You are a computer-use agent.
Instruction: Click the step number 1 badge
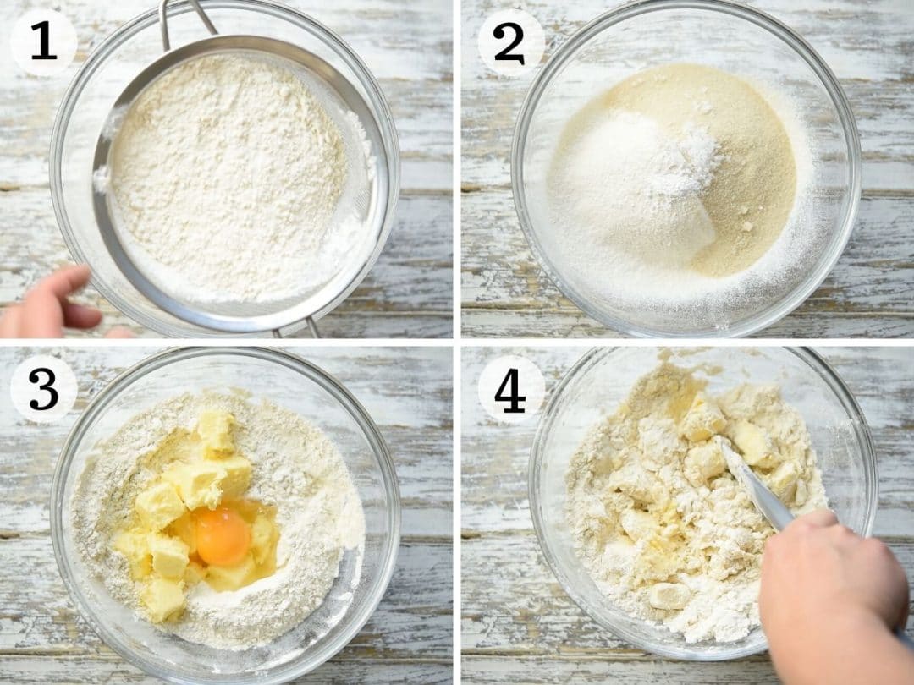44,42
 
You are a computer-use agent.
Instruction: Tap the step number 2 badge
511,42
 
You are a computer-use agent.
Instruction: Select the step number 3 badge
44,389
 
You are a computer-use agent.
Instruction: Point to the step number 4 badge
511,389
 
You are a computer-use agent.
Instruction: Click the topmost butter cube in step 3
217,431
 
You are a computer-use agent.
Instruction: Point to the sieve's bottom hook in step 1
297,327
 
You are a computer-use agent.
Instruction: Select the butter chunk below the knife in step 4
670,596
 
